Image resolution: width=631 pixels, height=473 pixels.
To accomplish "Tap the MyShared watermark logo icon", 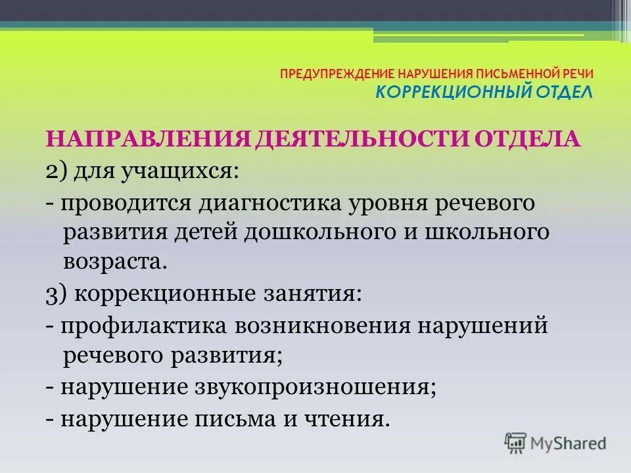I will (515, 443).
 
